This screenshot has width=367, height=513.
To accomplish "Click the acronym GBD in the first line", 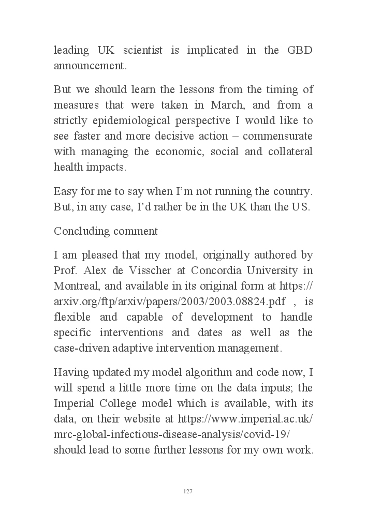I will (300, 51).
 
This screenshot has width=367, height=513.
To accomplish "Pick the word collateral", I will (290, 152).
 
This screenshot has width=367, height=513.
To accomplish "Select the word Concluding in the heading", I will (77, 231).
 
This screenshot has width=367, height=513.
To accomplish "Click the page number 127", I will (188, 491).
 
